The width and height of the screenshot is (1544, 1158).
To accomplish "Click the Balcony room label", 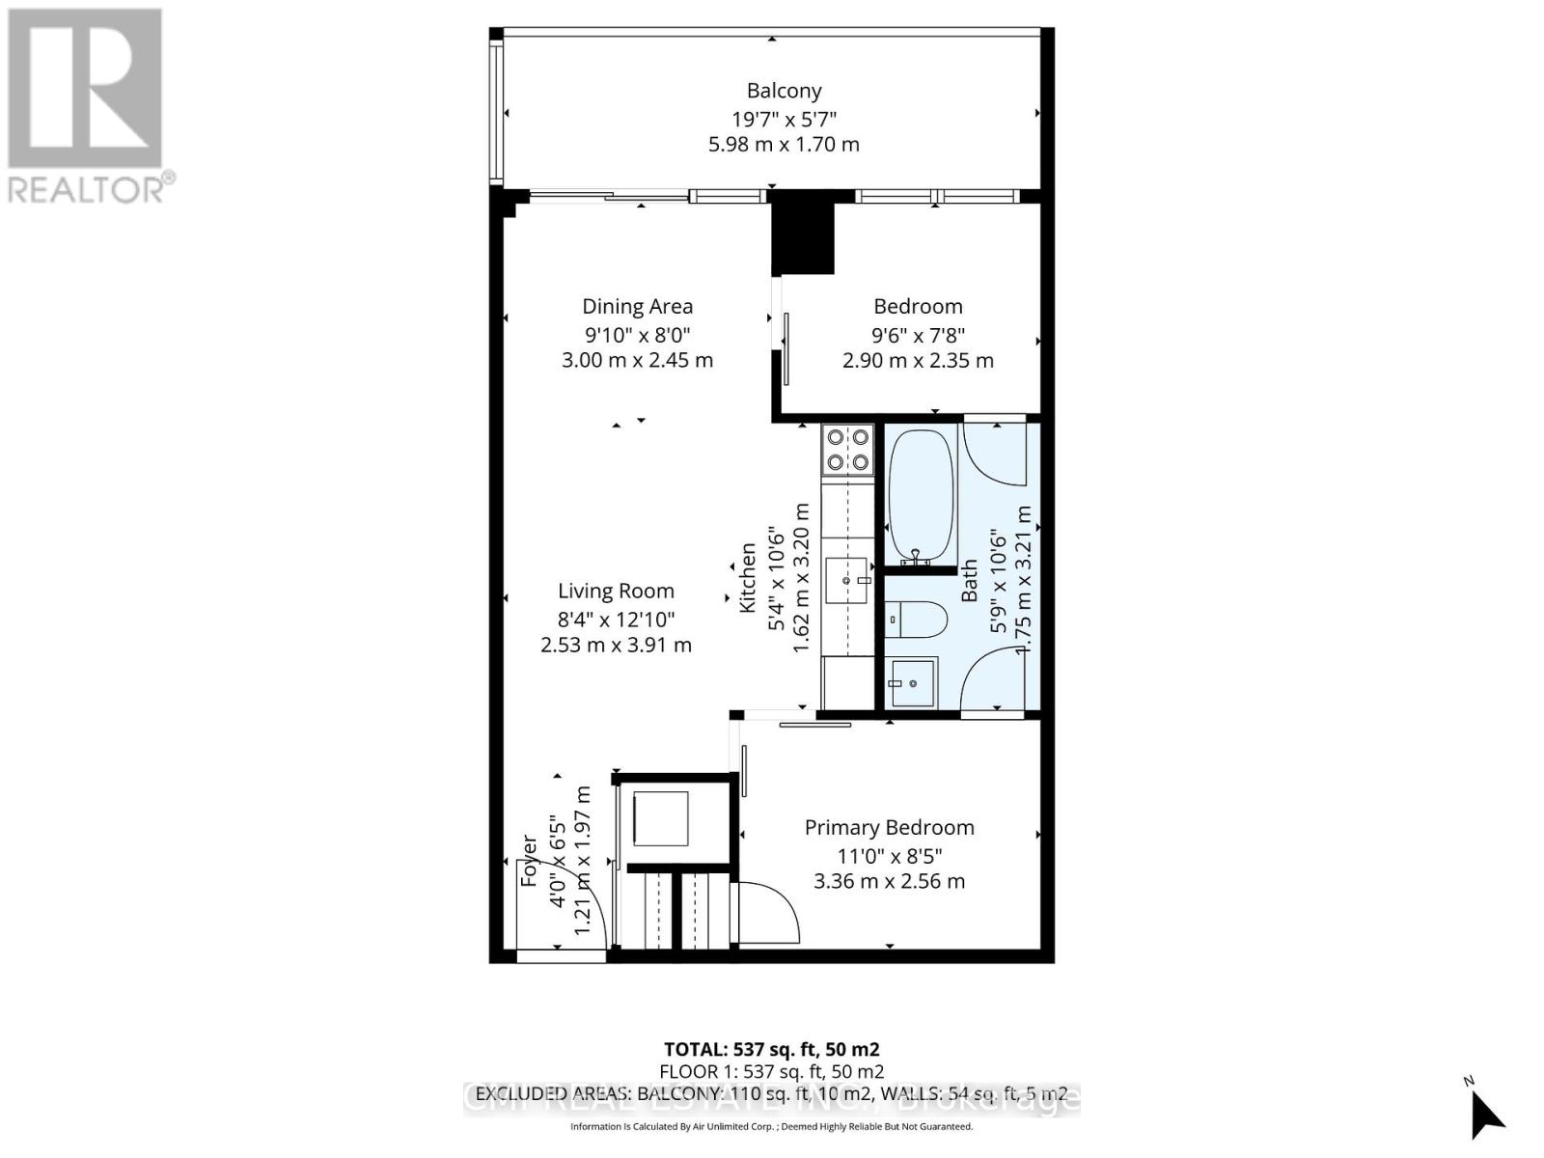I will (x=784, y=91).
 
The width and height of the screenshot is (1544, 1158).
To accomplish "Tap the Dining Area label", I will (x=637, y=307).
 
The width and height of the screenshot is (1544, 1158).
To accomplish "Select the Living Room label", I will (x=616, y=592).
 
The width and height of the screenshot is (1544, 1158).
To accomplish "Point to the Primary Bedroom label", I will (x=889, y=828).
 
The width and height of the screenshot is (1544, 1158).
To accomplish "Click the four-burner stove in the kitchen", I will (x=847, y=450).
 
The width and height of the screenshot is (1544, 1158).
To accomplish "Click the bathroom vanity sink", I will (x=912, y=682).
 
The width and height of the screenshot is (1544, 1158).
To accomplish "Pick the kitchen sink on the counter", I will (x=847, y=580).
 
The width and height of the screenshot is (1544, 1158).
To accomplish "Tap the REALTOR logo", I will (x=86, y=106).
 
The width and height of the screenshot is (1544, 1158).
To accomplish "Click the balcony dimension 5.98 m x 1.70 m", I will (x=784, y=145).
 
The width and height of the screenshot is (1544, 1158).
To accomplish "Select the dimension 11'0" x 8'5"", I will (x=889, y=855).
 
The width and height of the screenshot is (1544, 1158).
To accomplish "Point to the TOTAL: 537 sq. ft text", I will (x=771, y=1049).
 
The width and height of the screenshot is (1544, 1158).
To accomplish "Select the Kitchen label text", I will (x=747, y=577).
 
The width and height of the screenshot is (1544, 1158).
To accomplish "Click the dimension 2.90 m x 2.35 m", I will (x=918, y=361).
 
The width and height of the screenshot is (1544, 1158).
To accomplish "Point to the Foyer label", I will (x=529, y=861).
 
